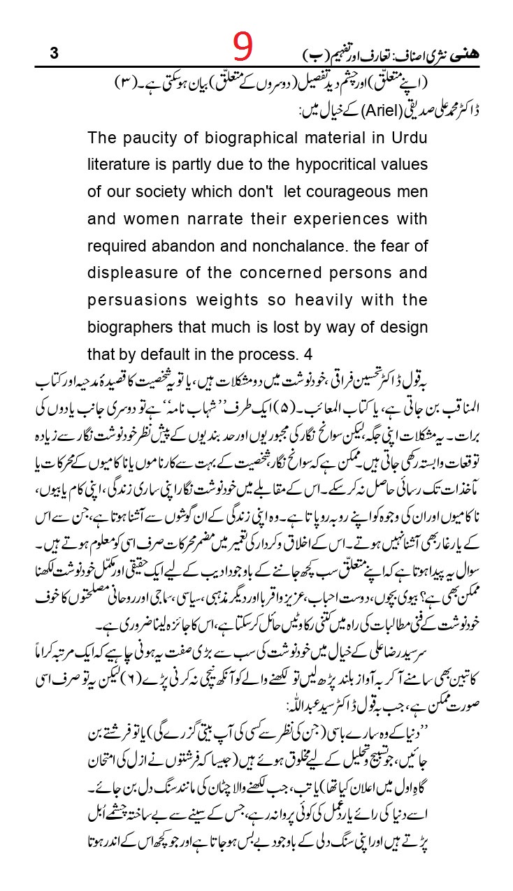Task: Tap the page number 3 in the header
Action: click(54, 54)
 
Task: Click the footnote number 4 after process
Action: click(318, 354)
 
